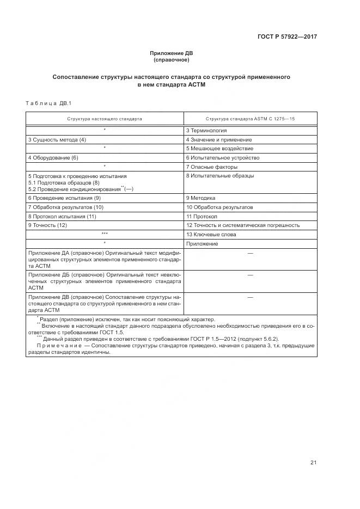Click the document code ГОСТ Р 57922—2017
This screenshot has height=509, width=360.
[x=287, y=37]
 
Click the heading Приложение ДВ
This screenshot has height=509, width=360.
[x=171, y=53]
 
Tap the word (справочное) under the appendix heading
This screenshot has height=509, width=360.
[x=171, y=60]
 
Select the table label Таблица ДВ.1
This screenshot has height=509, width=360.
[x=48, y=103]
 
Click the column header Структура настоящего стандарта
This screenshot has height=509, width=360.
[x=105, y=118]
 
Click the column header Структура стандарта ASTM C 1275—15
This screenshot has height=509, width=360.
[x=250, y=118]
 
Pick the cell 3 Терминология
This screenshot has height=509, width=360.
[x=206, y=131]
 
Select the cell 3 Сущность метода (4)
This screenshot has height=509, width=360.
[x=57, y=140]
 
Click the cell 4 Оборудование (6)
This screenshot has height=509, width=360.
[x=53, y=158]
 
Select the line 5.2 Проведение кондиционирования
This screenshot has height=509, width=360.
[x=76, y=189]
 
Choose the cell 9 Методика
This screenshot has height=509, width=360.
[x=201, y=198]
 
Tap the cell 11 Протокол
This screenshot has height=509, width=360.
[x=202, y=216]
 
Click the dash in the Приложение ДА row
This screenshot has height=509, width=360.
[x=250, y=253]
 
